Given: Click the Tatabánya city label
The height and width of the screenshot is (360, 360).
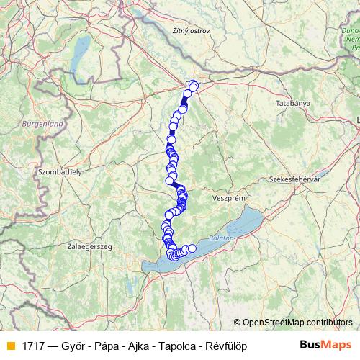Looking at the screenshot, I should pyautogui.click(x=293, y=104).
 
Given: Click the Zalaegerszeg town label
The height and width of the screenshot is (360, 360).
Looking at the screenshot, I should pyautogui.click(x=89, y=246).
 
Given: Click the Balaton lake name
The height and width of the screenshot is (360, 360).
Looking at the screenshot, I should pyautogui.click(x=223, y=237).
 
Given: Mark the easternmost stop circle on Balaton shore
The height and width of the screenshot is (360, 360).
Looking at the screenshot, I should pyautogui.click(x=192, y=248).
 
